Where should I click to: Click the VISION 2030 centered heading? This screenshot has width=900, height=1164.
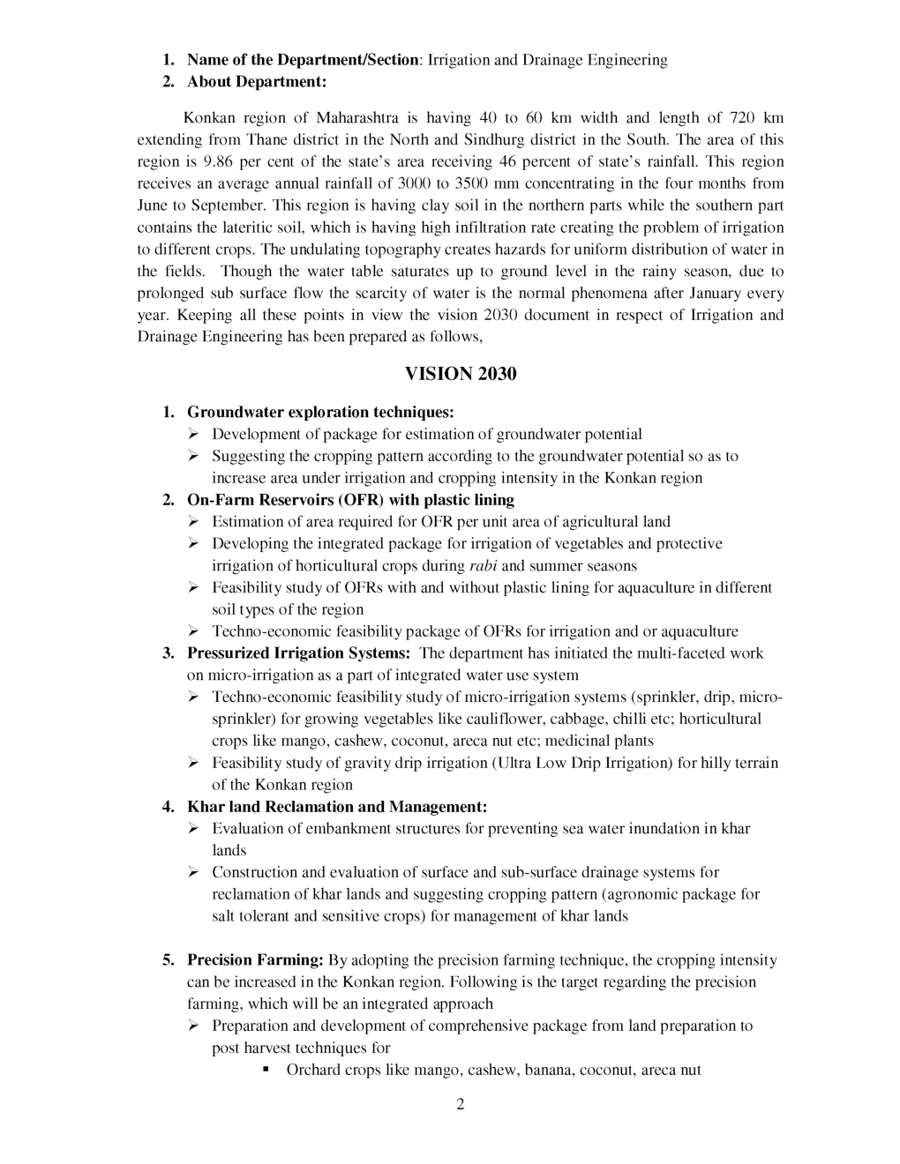pos(461,374)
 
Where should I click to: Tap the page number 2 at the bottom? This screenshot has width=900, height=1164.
pos(461,1105)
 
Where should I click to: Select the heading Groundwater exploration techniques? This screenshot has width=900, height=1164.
pos(320,412)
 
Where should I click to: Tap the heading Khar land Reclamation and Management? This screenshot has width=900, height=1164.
pos(337,806)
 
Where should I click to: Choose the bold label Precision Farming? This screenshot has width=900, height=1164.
pos(255,959)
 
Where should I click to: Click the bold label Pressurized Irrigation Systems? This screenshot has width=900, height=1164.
pos(298,653)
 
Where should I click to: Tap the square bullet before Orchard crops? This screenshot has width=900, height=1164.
pos(266,1069)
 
